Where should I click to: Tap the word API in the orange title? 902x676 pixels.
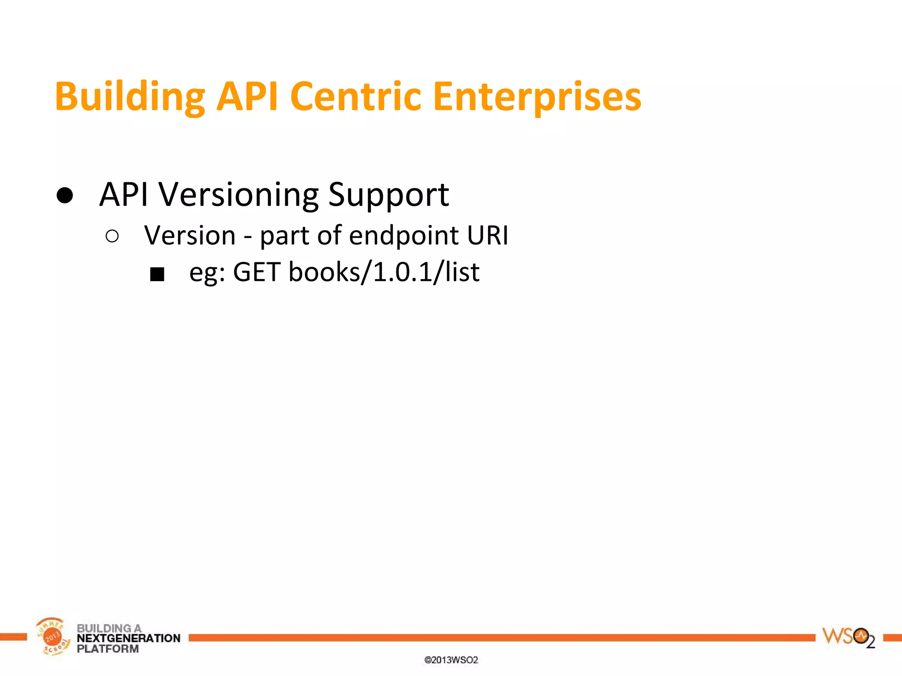click(x=247, y=97)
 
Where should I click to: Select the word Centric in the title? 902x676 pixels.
click(x=355, y=97)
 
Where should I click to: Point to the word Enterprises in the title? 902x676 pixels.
click(x=537, y=97)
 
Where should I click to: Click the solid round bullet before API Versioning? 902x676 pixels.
click(x=65, y=195)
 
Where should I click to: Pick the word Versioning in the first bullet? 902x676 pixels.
click(x=238, y=195)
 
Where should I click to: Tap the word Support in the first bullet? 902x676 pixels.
click(x=388, y=195)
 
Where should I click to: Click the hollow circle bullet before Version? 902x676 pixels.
click(x=112, y=236)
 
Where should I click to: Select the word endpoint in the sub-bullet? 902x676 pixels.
click(x=404, y=235)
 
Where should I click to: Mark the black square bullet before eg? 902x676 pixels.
click(x=157, y=274)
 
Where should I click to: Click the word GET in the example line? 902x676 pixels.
click(x=257, y=272)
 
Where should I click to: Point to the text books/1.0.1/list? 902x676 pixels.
click(x=384, y=272)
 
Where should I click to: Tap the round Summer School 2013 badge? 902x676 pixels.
click(x=52, y=636)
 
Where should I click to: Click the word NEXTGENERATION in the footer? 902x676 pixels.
click(x=129, y=638)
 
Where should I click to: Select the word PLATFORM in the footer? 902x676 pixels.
click(x=107, y=649)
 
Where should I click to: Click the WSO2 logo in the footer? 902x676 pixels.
click(x=848, y=637)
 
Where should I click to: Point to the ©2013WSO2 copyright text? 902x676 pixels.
click(x=451, y=660)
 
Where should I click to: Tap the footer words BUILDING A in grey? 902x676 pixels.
click(x=109, y=628)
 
